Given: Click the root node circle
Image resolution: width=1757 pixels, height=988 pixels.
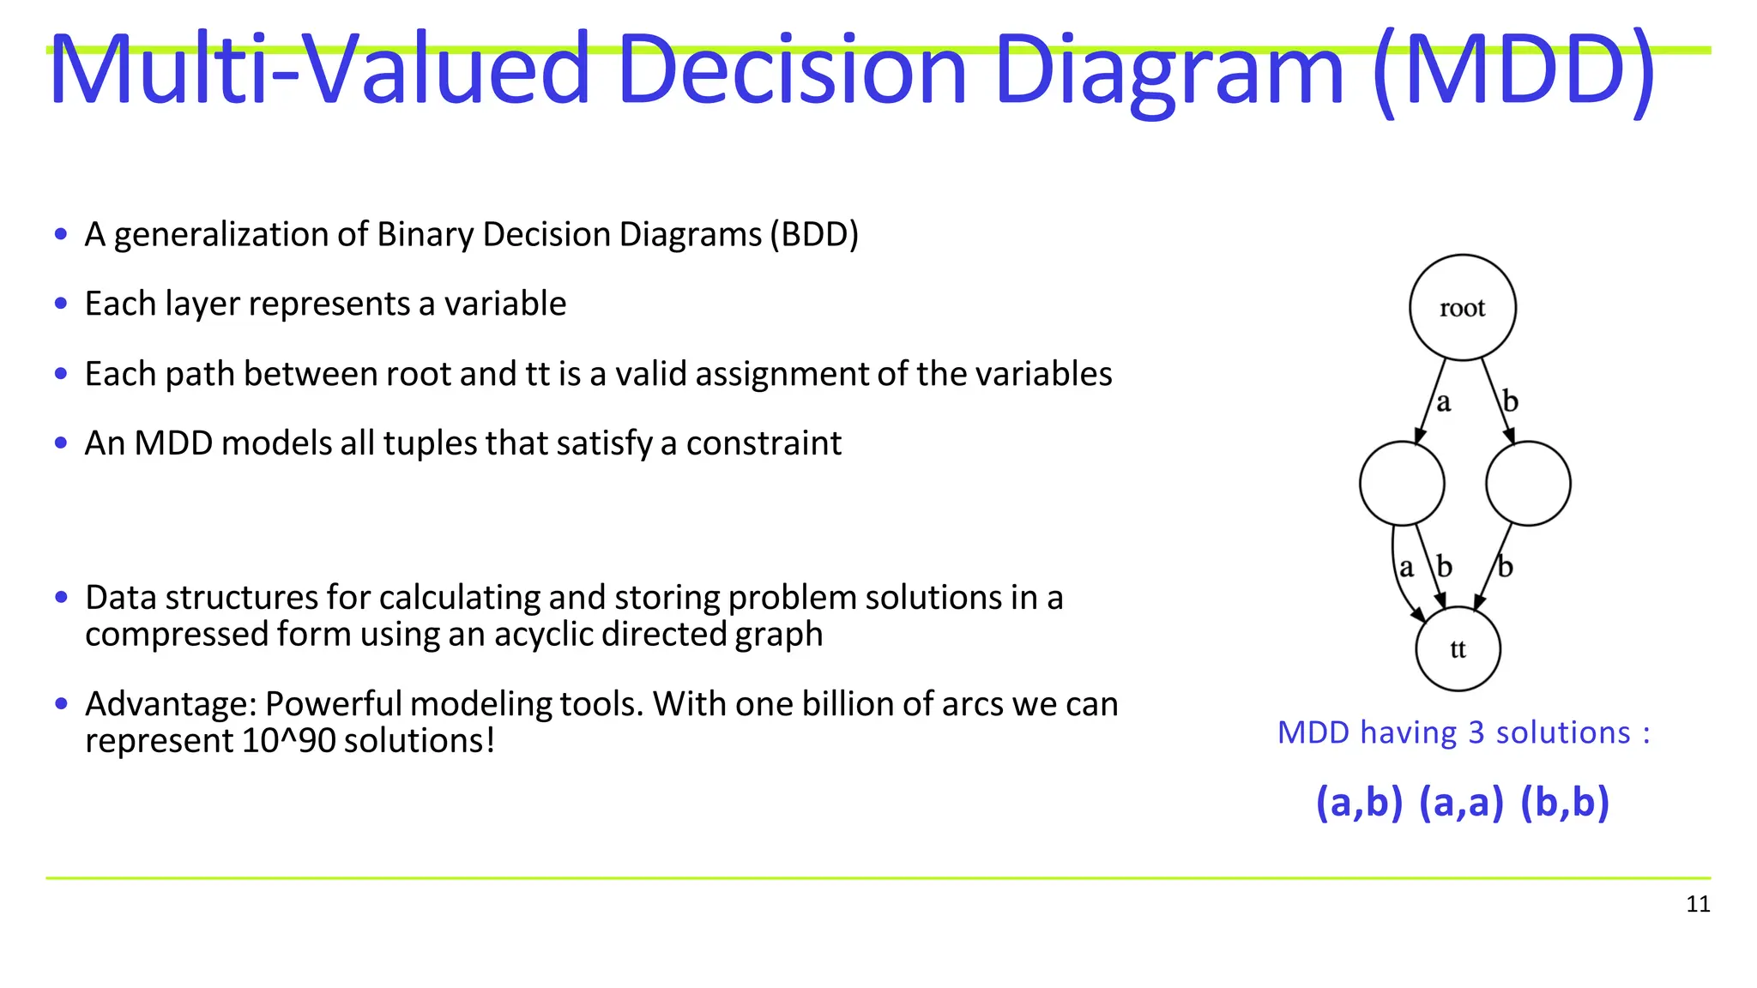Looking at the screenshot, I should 1462,307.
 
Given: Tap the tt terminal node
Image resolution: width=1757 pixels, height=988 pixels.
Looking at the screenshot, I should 1458,649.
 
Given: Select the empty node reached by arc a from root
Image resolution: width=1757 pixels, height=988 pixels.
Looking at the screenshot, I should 1402,484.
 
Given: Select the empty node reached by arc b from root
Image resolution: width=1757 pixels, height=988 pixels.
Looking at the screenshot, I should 1528,484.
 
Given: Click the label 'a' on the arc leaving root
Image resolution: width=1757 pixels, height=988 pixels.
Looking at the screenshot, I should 1443,401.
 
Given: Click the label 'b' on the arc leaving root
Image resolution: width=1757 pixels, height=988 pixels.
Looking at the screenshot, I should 1511,401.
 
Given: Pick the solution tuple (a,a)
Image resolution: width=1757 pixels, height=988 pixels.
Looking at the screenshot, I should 1461,803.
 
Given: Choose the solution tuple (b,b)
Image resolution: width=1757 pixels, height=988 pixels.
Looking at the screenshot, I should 1564,803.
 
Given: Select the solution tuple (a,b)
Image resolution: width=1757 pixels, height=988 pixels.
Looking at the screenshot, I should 1359,803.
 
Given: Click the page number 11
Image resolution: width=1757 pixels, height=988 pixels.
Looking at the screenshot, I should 1698,904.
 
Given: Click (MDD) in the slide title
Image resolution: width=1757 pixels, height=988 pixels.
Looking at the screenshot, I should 1513,70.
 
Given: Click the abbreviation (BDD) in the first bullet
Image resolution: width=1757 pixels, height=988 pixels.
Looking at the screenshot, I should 813,234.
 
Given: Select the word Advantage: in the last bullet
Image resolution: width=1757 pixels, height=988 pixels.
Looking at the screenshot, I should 171,704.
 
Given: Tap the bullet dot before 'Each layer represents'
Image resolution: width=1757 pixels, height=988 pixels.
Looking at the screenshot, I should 60,303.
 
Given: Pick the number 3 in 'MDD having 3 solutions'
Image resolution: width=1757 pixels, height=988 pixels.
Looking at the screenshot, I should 1476,733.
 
